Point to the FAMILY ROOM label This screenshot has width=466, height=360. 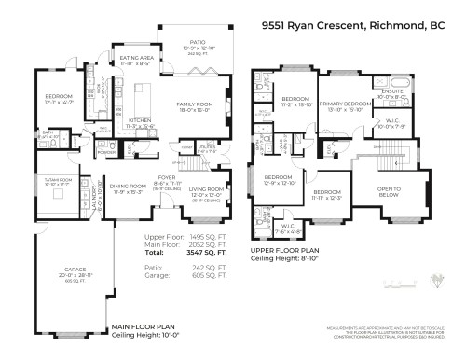(199, 105)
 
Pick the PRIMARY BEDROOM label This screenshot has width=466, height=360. (346, 104)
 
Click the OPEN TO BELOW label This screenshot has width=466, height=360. (391, 189)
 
